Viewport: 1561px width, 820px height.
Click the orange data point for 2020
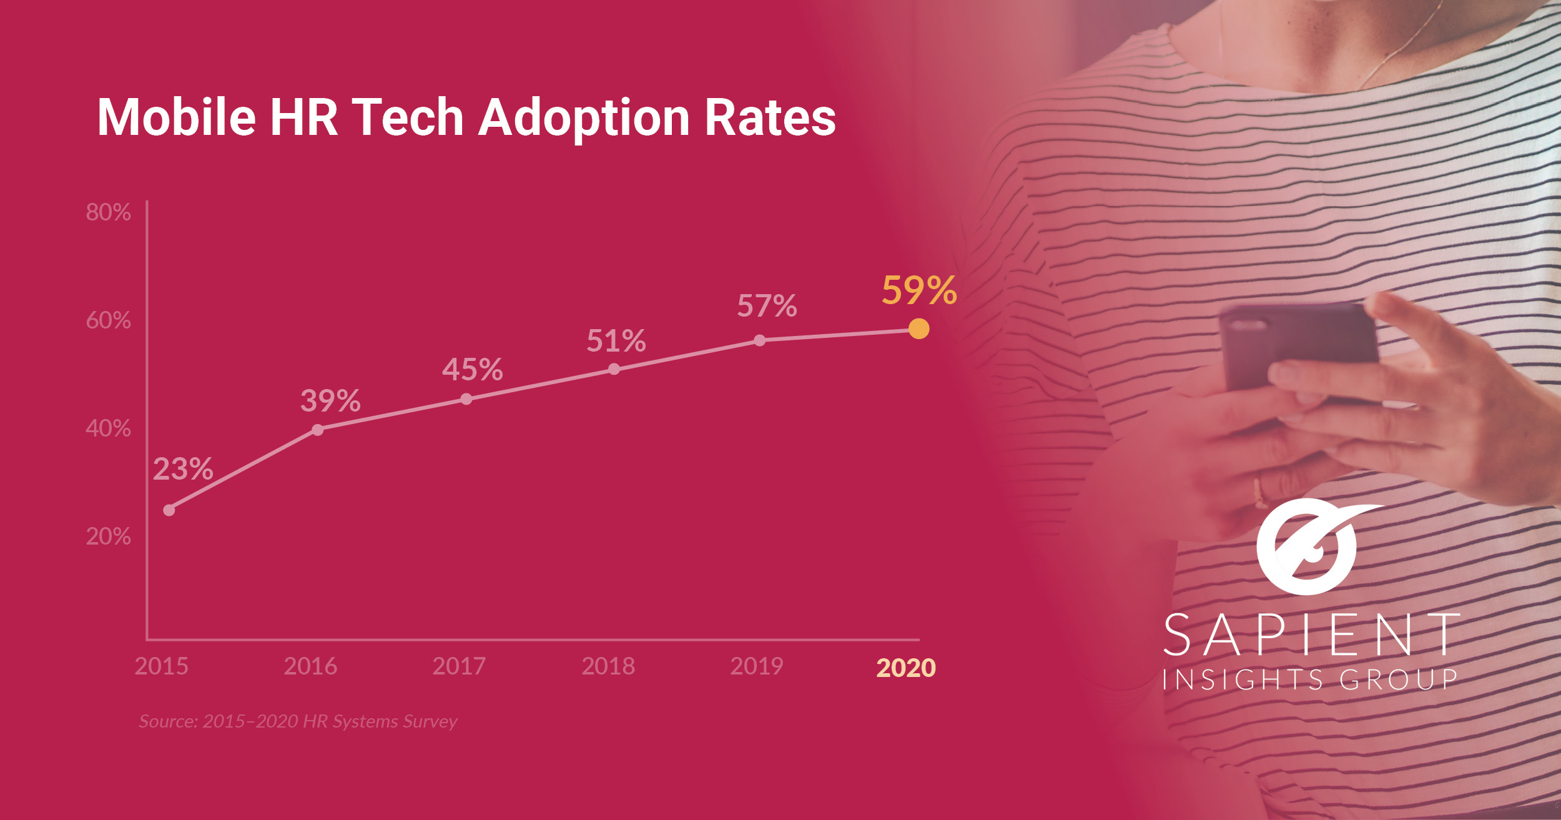918,328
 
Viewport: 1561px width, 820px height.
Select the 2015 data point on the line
169,510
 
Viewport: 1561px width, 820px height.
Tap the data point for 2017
466,399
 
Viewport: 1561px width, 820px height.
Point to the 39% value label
330,401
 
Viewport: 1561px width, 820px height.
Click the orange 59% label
919,290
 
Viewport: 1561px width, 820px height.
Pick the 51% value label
616,341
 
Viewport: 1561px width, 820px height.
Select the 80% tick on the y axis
108,212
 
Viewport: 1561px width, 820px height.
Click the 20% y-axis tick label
108,536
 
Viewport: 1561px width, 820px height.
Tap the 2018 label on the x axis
608,666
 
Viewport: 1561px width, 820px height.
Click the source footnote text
298,721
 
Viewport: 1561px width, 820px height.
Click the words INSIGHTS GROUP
1310,679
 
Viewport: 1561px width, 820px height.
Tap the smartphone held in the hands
1299,350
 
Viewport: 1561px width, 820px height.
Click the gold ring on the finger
1259,493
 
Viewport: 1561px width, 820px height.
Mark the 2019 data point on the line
759,340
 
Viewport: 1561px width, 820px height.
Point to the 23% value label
183,469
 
